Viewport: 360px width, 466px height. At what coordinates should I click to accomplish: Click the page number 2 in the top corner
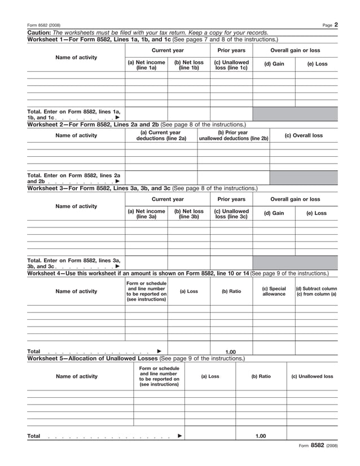[x=335, y=24]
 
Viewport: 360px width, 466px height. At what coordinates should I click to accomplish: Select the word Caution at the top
[x=39, y=33]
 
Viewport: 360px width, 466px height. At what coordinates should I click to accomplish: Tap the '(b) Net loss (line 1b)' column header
[x=188, y=65]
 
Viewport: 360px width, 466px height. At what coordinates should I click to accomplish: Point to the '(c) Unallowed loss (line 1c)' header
[x=231, y=65]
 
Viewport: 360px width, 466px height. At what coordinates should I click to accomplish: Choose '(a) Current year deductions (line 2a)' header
[x=161, y=135]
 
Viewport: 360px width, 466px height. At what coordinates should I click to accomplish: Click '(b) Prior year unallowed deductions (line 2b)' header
[x=233, y=135]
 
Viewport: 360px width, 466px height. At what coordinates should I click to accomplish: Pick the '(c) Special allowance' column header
[x=274, y=291]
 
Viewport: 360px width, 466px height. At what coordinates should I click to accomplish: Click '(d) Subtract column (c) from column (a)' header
[x=316, y=291]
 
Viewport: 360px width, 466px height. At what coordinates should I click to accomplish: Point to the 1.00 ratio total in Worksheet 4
[x=231, y=351]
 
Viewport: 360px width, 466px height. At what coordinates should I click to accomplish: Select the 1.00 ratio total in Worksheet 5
[x=260, y=436]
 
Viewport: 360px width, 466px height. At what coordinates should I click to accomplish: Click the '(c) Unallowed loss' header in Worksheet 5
[x=312, y=376]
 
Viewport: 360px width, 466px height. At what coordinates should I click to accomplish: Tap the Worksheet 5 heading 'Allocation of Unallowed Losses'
[x=112, y=358]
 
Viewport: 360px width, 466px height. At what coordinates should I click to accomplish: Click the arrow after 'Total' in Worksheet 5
[x=179, y=436]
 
